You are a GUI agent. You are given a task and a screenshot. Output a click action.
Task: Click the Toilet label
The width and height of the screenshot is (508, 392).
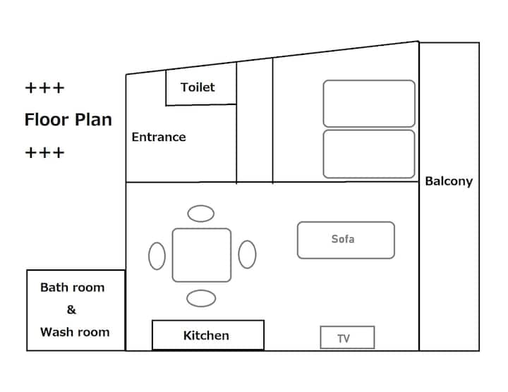[x=198, y=87]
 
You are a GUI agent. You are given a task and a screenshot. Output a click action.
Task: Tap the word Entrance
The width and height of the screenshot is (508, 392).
[x=159, y=137]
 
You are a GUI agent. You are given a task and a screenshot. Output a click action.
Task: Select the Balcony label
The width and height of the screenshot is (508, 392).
[x=449, y=181]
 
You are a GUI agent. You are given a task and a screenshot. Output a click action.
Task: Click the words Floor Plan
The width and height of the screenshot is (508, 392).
[x=68, y=119]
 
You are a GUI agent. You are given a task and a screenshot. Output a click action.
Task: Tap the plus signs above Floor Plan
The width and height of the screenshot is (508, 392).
[x=44, y=88]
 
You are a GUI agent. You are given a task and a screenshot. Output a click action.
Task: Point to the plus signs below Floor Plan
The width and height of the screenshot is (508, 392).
[x=44, y=152]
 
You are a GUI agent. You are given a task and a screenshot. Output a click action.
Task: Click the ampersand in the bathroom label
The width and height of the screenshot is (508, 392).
[x=71, y=310]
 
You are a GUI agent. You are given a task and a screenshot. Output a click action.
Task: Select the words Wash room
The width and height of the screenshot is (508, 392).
[x=75, y=332]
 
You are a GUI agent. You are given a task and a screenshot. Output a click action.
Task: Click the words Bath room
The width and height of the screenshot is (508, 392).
[x=72, y=288]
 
